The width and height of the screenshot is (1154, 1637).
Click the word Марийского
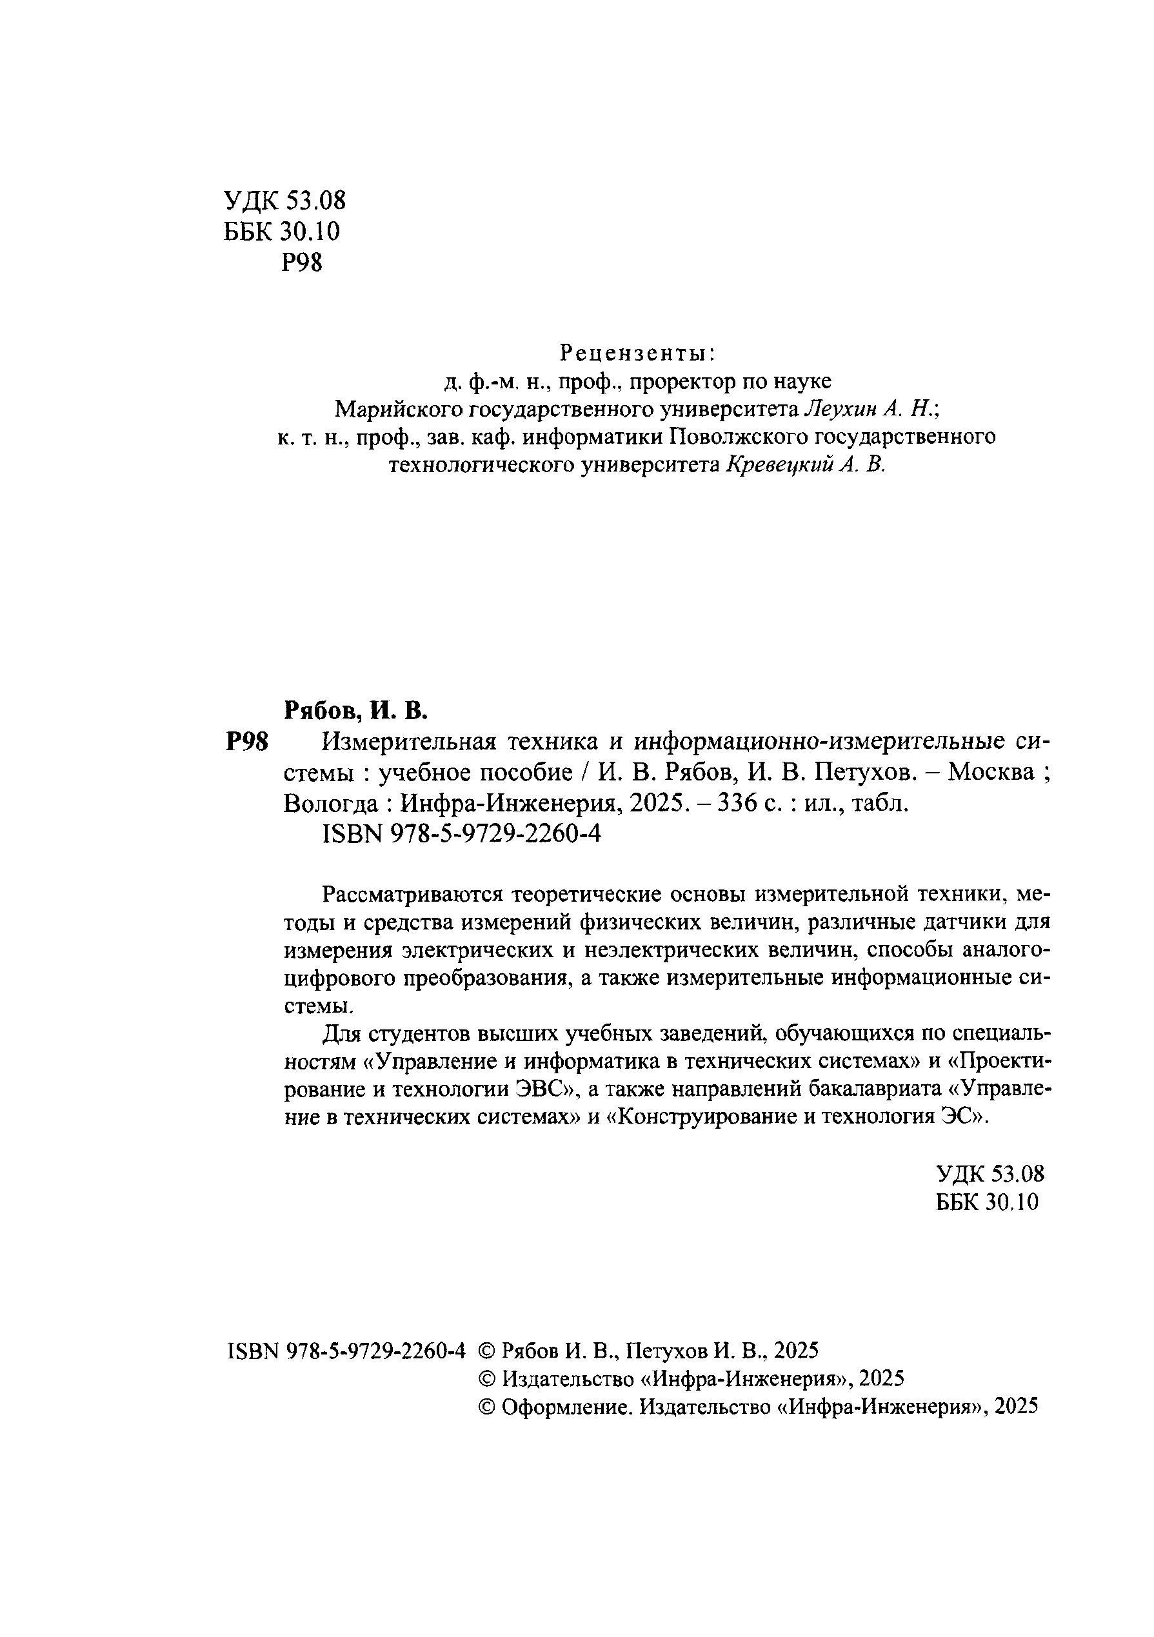(400, 409)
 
